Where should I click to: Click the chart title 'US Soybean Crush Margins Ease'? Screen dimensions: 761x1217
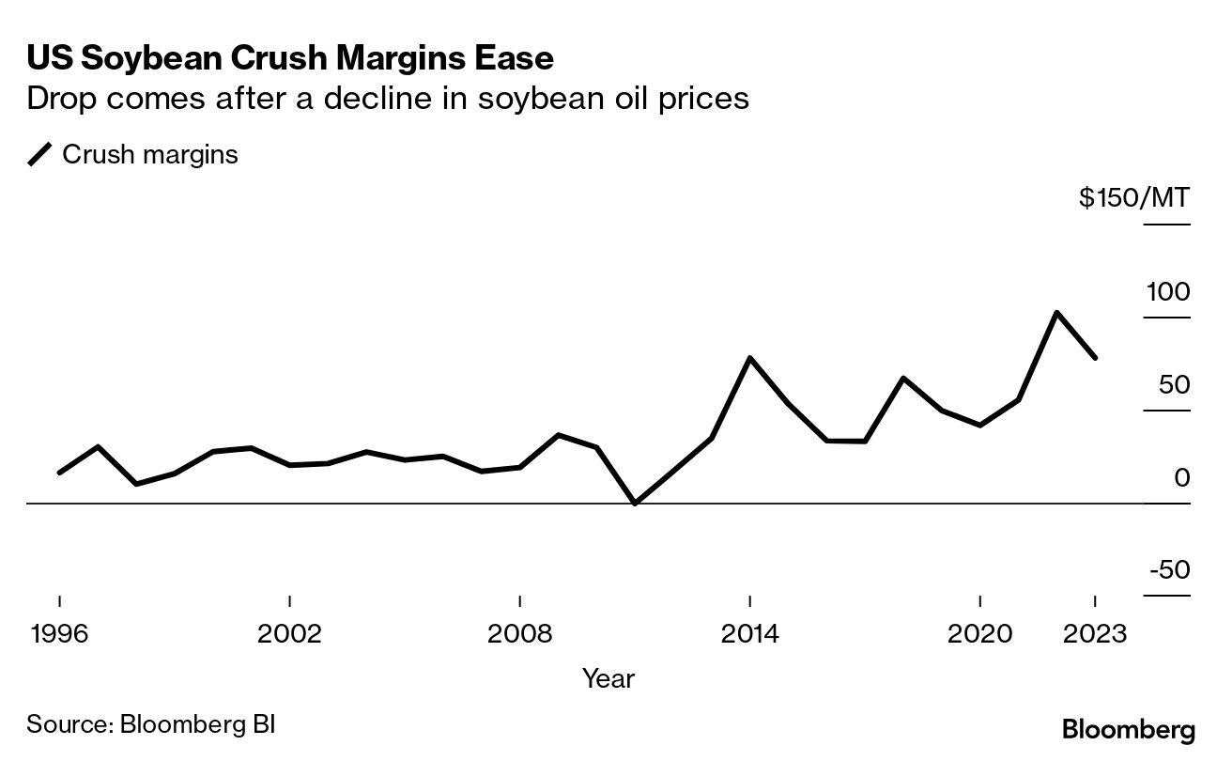pos(290,58)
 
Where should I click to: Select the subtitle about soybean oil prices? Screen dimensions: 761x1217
pos(388,99)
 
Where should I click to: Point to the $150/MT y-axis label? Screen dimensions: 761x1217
pos(1133,198)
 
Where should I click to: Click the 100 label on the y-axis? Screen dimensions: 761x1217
pos(1167,292)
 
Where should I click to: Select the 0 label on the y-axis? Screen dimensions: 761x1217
pos(1181,478)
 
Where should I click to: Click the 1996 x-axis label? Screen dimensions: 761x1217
pos(59,634)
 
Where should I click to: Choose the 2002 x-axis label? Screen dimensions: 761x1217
pos(289,634)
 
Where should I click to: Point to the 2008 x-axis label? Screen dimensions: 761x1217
pos(519,634)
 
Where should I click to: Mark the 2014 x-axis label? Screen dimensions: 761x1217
pos(749,634)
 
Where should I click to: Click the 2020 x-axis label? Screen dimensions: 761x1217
pos(979,634)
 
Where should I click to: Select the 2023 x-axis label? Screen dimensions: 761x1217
pos(1095,634)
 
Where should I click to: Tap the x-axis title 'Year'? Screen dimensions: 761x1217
pos(608,678)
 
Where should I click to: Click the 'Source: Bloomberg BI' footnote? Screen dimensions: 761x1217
pos(151,724)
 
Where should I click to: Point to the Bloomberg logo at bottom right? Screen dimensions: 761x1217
pos(1128,730)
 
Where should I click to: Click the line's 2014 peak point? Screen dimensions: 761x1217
pos(749,358)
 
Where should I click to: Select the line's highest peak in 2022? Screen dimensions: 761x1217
pos(1056,312)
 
